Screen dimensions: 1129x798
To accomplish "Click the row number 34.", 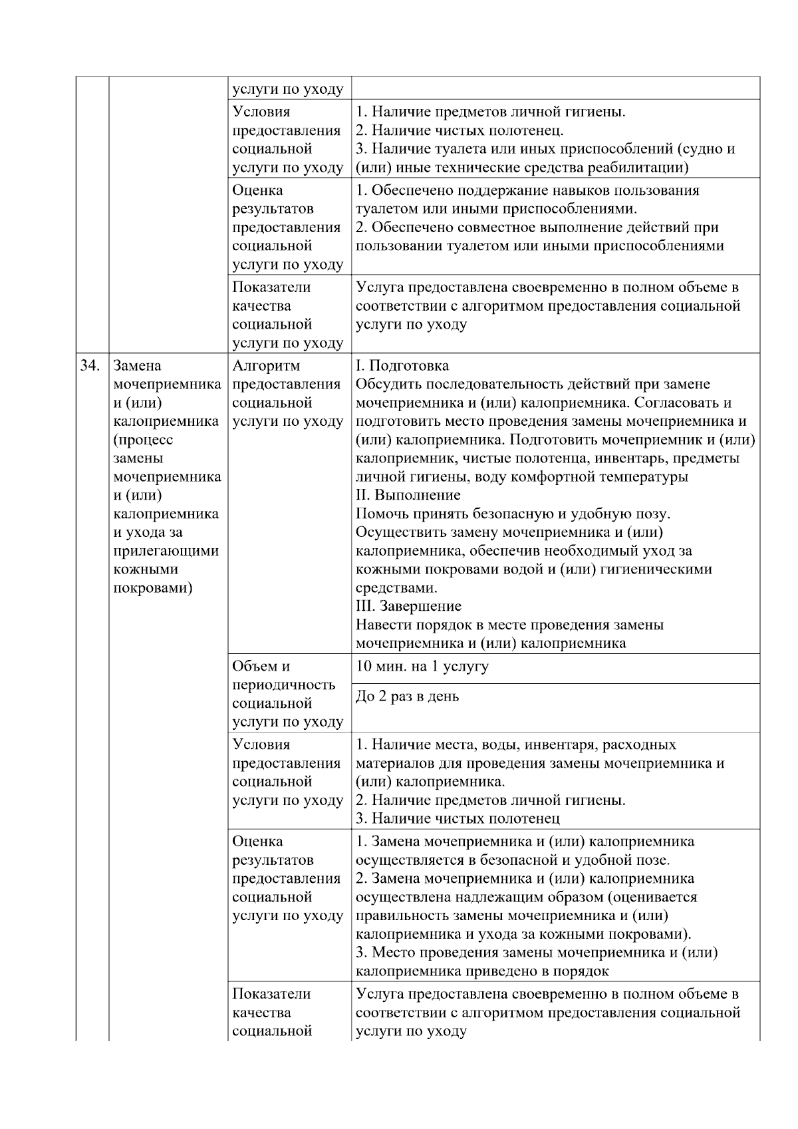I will [90, 366].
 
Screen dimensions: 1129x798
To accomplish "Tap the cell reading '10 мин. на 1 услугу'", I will [422, 667].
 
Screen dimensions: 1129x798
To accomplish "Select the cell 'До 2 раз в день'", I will [407, 697].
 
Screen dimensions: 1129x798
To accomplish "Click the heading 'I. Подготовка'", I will [402, 366].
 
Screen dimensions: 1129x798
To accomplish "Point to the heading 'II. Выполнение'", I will [408, 495].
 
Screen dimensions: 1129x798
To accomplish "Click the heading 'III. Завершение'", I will [408, 606].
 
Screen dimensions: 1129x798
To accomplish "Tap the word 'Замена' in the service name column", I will [137, 366].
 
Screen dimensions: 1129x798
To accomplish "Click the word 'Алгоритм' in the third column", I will [266, 366].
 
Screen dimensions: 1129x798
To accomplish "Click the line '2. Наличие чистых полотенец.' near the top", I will [460, 130].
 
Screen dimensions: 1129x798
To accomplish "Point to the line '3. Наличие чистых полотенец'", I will [458, 818].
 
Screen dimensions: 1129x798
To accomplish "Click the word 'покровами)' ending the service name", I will [153, 588].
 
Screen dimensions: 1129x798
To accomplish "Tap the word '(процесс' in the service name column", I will [143, 440].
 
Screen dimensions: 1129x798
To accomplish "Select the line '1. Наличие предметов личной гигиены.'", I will [491, 112].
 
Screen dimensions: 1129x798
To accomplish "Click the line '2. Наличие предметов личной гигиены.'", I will [491, 800].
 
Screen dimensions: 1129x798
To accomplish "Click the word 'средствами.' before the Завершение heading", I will [396, 588].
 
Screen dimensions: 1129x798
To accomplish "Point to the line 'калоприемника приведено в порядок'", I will [482, 971].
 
